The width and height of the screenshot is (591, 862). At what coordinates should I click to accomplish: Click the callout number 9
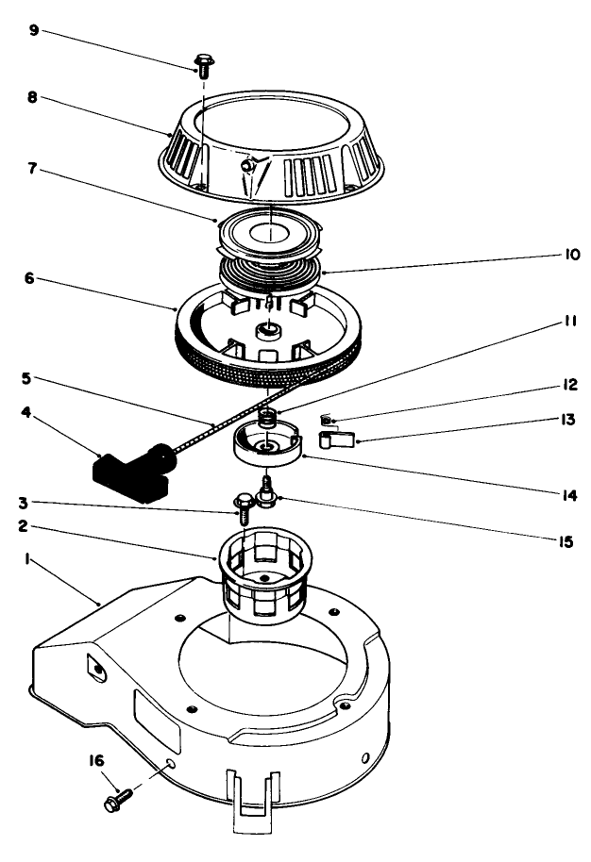(x=34, y=30)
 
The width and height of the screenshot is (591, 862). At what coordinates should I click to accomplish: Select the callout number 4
(x=34, y=411)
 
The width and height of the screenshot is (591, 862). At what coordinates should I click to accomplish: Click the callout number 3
(x=34, y=503)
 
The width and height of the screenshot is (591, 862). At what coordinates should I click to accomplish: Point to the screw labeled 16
(x=117, y=801)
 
